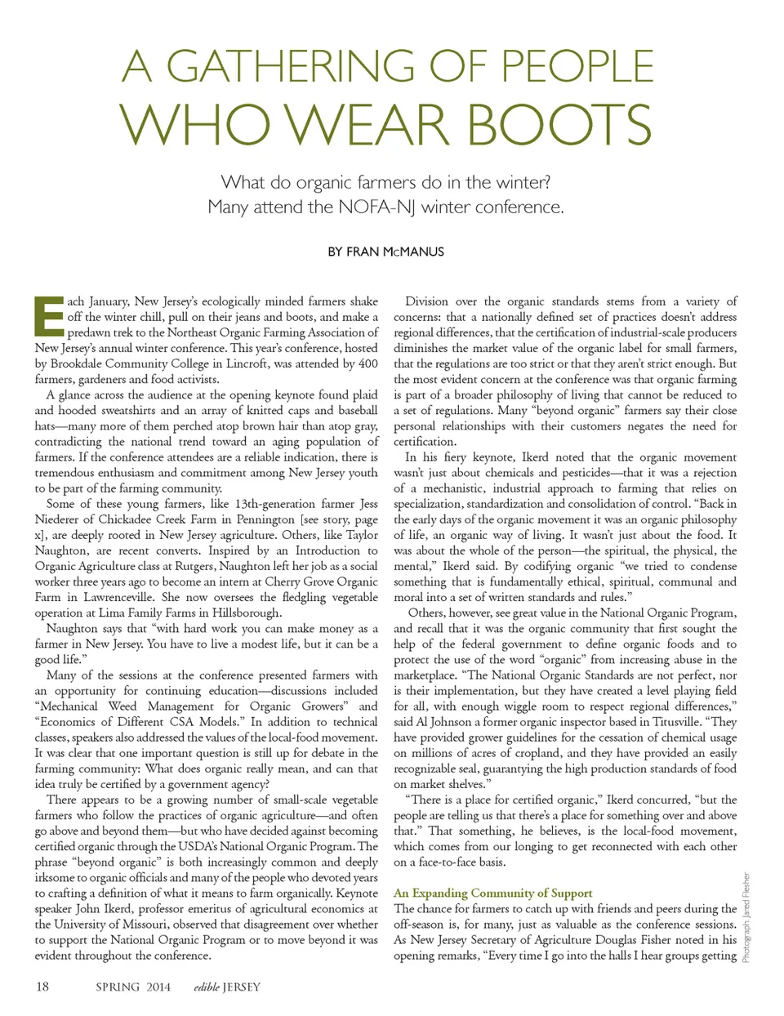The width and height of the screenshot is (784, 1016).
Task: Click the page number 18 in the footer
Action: [42, 987]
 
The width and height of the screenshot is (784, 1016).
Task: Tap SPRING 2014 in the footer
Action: [133, 987]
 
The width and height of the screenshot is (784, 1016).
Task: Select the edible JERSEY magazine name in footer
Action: [227, 987]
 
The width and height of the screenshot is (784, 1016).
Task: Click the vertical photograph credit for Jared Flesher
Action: [746, 917]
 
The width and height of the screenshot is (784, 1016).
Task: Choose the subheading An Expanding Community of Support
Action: [492, 893]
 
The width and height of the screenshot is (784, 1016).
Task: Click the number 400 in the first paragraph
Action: [367, 363]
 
